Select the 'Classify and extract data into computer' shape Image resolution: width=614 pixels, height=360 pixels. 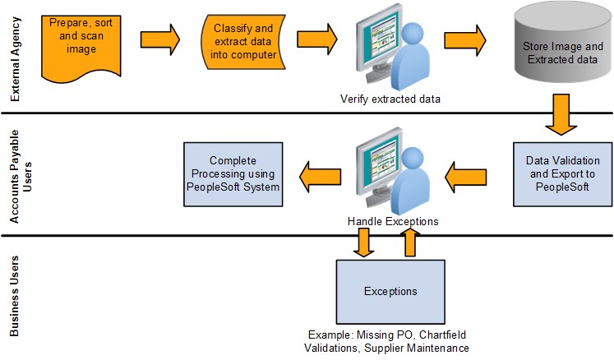coord(244,42)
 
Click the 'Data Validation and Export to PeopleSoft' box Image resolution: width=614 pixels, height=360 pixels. coord(562,173)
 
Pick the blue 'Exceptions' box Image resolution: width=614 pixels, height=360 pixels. coord(390,291)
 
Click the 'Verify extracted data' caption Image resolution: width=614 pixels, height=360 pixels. coord(390,99)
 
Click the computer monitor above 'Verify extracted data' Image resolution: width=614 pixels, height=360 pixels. coord(378,50)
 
